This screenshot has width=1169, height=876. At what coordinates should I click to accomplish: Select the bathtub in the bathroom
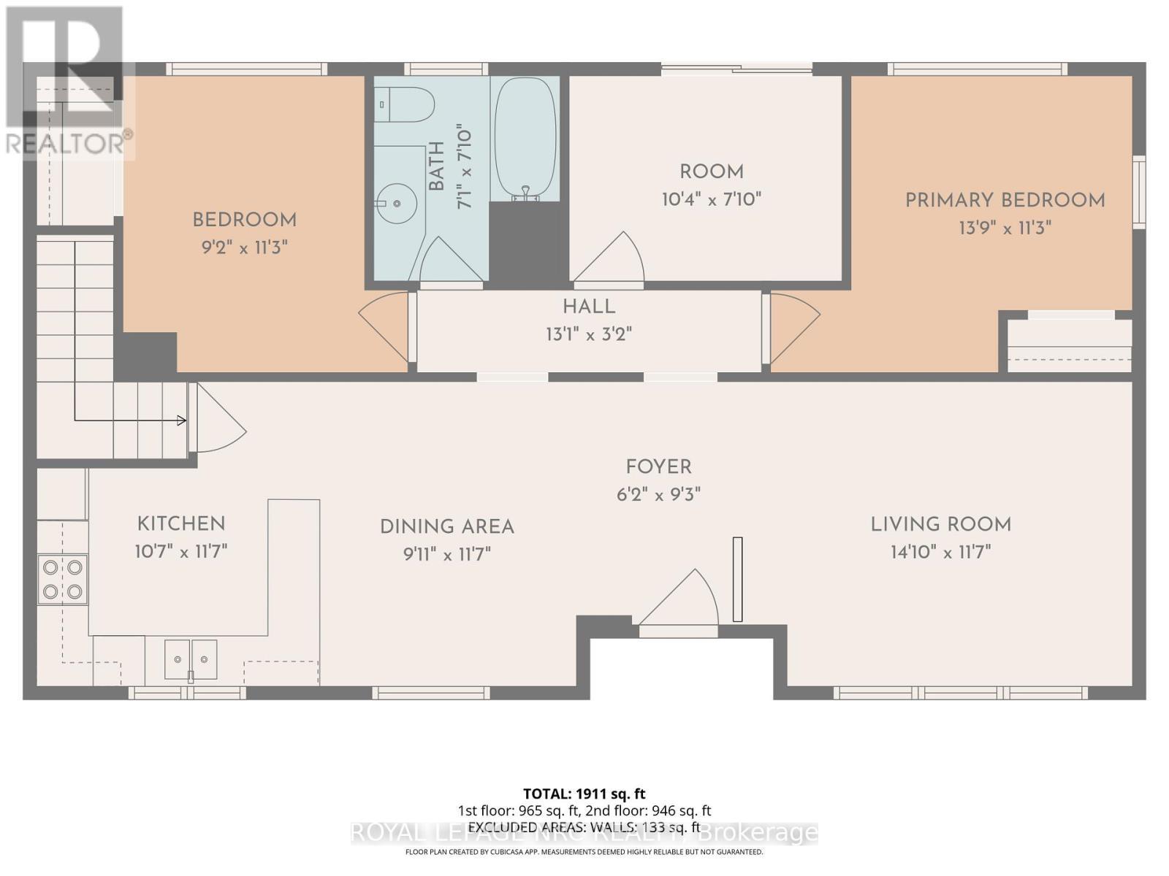[526, 139]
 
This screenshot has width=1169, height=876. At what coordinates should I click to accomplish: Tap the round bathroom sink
[397, 201]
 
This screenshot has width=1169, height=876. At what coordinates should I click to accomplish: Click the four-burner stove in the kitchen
[63, 579]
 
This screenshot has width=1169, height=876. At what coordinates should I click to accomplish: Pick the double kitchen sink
[191, 659]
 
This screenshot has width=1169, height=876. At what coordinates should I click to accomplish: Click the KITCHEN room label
[181, 523]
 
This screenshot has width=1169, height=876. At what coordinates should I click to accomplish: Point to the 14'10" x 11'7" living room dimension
[940, 552]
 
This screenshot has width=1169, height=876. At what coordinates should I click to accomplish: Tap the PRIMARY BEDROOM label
[1005, 200]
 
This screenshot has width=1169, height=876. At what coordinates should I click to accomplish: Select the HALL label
[589, 307]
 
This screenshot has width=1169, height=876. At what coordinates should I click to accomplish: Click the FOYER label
[658, 467]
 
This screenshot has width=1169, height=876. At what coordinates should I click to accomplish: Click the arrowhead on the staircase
[181, 420]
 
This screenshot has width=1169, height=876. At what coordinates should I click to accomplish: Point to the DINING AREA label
[447, 527]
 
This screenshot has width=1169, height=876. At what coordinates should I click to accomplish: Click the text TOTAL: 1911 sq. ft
[584, 794]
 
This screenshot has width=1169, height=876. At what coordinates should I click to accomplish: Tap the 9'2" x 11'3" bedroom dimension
[244, 247]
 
